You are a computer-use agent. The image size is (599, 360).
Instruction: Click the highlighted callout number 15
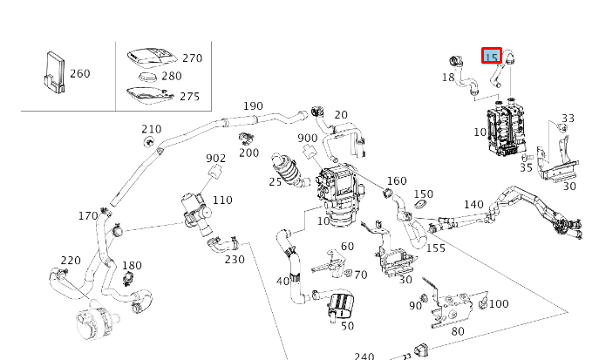click(x=492, y=57)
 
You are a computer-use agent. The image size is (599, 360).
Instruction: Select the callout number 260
click(x=79, y=74)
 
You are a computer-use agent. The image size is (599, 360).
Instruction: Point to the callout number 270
click(x=192, y=58)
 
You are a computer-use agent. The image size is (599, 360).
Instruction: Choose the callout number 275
click(x=189, y=97)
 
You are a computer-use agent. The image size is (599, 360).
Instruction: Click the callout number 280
click(x=171, y=77)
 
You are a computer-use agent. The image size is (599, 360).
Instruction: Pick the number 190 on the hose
click(x=253, y=106)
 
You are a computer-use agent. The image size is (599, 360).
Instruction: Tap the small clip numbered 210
click(x=150, y=141)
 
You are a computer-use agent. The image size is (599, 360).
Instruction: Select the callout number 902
click(x=216, y=159)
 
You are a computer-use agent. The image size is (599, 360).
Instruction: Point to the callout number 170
click(x=88, y=216)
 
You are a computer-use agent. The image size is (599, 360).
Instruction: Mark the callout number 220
click(x=71, y=261)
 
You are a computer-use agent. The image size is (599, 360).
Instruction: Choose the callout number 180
click(x=132, y=266)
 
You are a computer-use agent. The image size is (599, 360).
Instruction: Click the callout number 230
click(x=235, y=259)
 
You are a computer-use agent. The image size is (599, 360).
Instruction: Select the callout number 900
click(x=307, y=139)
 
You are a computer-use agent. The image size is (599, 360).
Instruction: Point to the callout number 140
click(x=473, y=205)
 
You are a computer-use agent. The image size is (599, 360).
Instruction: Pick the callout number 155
click(x=436, y=248)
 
